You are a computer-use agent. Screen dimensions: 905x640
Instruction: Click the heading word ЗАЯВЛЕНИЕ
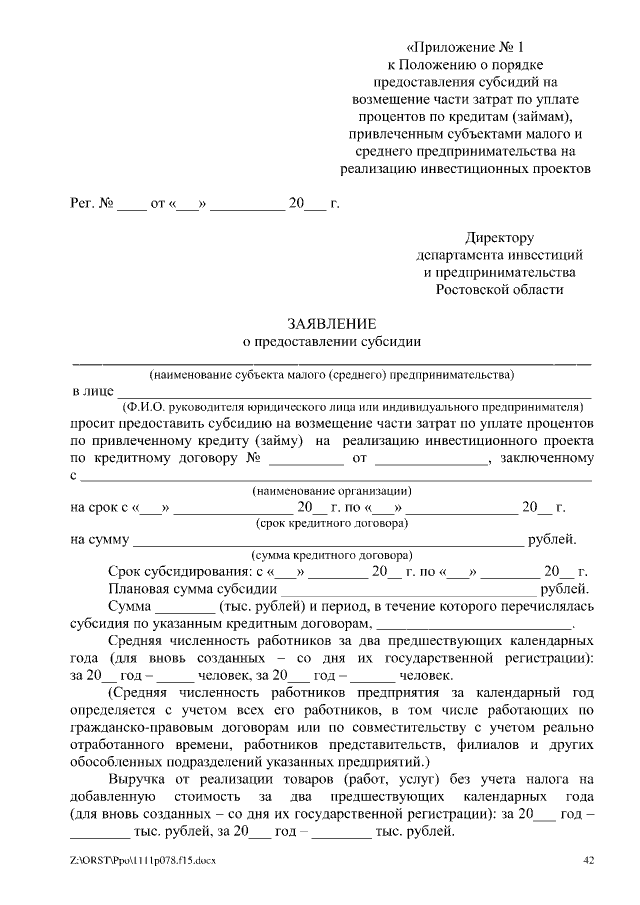(x=332, y=324)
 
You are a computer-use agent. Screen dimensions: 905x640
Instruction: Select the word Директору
(x=500, y=238)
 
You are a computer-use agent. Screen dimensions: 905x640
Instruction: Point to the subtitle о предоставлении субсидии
(x=332, y=341)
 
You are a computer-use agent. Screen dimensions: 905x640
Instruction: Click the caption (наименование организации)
(x=332, y=491)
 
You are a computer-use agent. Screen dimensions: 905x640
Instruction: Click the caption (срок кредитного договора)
(x=332, y=523)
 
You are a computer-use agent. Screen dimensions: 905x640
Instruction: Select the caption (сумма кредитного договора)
(x=332, y=555)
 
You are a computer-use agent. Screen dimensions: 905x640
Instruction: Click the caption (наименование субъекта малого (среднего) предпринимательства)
(x=332, y=376)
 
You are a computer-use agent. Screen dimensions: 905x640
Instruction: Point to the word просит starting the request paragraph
(x=93, y=424)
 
